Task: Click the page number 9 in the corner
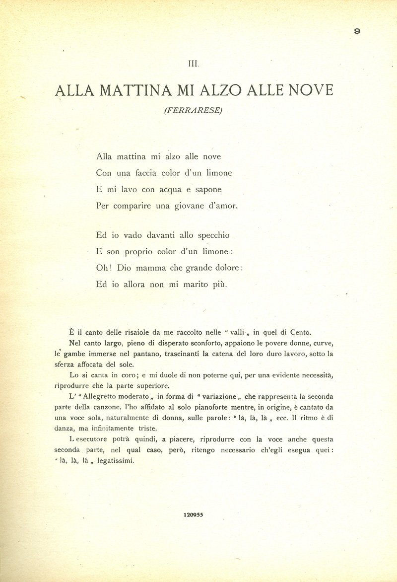[x=357, y=31]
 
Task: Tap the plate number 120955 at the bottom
[x=193, y=515]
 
